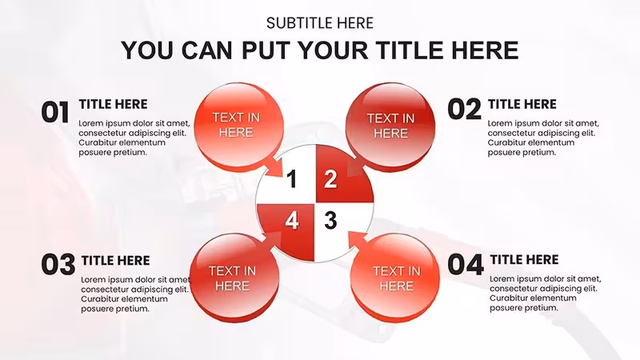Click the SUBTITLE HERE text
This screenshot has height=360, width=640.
coord(319,23)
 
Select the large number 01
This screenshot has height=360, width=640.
coord(55,112)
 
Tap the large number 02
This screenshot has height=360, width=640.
coord(465,110)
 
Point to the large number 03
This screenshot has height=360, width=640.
coord(58,264)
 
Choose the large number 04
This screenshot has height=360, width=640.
coord(466,264)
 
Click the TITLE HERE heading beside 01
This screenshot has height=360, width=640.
coord(113,105)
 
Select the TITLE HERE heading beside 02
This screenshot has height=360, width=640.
coord(522,105)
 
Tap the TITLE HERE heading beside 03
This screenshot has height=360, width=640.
coord(115,261)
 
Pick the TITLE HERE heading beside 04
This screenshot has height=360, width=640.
coord(524,259)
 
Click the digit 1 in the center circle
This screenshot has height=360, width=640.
coord(292,179)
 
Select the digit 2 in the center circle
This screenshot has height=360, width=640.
coord(330,178)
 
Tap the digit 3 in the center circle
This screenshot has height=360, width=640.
coord(330,221)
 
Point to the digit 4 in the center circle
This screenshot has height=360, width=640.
coord(292,221)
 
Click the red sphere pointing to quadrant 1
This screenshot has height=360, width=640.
coord(238,126)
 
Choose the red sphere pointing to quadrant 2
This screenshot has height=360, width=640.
coord(390,126)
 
